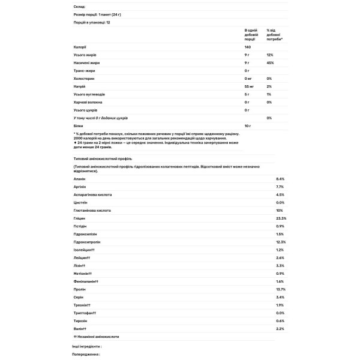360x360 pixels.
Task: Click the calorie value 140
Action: (x=248, y=46)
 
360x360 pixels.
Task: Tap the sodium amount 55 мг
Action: (x=250, y=86)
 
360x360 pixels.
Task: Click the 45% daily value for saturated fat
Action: (x=270, y=62)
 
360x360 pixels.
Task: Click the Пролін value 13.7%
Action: (x=281, y=289)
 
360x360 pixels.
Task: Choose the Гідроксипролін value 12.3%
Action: (x=281, y=242)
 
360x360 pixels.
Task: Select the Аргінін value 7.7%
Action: (x=280, y=187)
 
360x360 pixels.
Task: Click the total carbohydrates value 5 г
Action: (x=247, y=94)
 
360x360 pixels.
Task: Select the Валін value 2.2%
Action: (x=280, y=328)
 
